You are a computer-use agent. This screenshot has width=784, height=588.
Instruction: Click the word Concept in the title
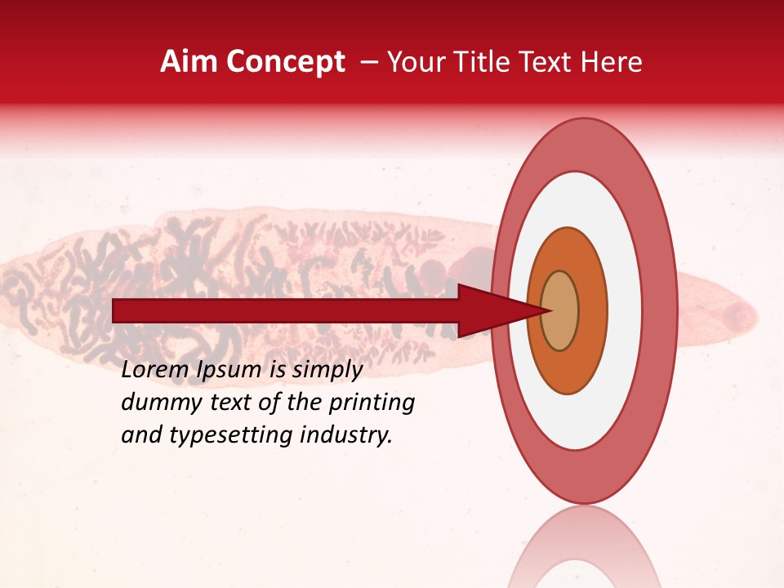(284, 62)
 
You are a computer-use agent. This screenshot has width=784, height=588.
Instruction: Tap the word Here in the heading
(612, 62)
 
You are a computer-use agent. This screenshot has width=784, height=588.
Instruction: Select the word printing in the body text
(371, 403)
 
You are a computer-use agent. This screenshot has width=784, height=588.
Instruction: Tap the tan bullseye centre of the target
(560, 311)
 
